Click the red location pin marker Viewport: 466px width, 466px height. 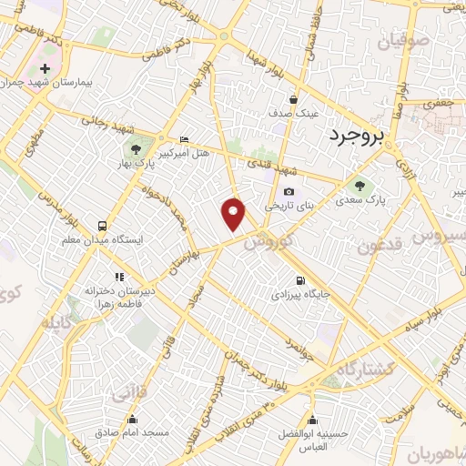coord(234,212)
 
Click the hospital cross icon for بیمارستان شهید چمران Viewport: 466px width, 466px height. coord(45,69)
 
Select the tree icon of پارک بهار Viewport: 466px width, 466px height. coord(135,149)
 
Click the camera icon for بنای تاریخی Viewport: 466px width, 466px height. coord(289,191)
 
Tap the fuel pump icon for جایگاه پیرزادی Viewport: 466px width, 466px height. coord(299,280)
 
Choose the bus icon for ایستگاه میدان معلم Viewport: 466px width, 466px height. coord(101,225)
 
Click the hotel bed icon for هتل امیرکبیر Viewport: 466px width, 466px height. coord(185,139)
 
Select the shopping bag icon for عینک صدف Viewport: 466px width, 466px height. coord(293,99)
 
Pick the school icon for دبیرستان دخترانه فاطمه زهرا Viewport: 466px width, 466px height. coord(117,276)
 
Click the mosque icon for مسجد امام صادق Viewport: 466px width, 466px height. coord(133,420)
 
